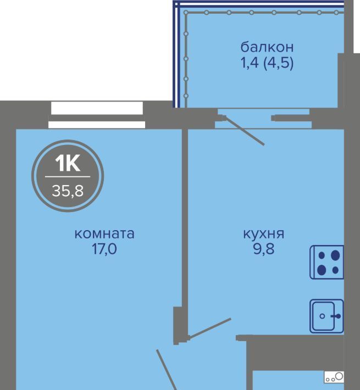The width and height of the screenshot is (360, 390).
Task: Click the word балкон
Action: [x=267, y=47]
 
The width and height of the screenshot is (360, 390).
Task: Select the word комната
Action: [x=104, y=234]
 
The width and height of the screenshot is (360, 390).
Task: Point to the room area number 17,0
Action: [x=104, y=249]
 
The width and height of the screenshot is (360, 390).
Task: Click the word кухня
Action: [x=263, y=235]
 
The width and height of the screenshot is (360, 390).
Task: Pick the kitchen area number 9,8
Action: [x=264, y=249]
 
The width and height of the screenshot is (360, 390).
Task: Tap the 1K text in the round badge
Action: [x=68, y=163]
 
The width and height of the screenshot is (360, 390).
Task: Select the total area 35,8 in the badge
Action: [x=68, y=191]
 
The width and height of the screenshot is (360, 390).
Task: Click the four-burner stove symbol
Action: [x=327, y=262]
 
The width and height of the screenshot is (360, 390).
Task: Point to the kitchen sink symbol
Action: [x=327, y=316]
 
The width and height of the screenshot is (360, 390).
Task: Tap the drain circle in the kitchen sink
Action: [x=323, y=316]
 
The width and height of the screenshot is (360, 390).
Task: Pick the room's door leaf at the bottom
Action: [x=166, y=370]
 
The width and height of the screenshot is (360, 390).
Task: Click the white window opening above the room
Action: [x=97, y=108]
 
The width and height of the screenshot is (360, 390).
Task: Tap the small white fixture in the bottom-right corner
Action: [x=334, y=377]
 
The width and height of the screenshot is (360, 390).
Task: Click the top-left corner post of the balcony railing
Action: [x=186, y=12]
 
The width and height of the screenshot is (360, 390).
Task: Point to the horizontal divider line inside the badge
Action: [x=68, y=177]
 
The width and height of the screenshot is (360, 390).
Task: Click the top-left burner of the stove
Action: [x=322, y=255]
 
